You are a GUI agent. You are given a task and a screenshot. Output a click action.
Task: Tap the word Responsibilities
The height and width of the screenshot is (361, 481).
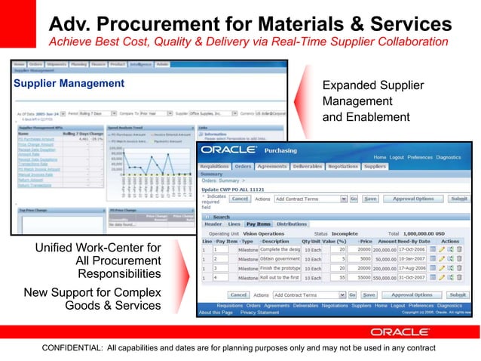(120, 273)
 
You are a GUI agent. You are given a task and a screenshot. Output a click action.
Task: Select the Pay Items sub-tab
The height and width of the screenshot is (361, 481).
(259, 224)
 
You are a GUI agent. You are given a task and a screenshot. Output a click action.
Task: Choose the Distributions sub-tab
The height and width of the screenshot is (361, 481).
(292, 224)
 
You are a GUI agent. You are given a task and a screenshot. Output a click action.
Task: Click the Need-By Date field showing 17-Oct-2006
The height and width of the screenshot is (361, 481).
(410, 249)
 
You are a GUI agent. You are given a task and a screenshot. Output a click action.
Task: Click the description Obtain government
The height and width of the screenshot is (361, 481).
(280, 259)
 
